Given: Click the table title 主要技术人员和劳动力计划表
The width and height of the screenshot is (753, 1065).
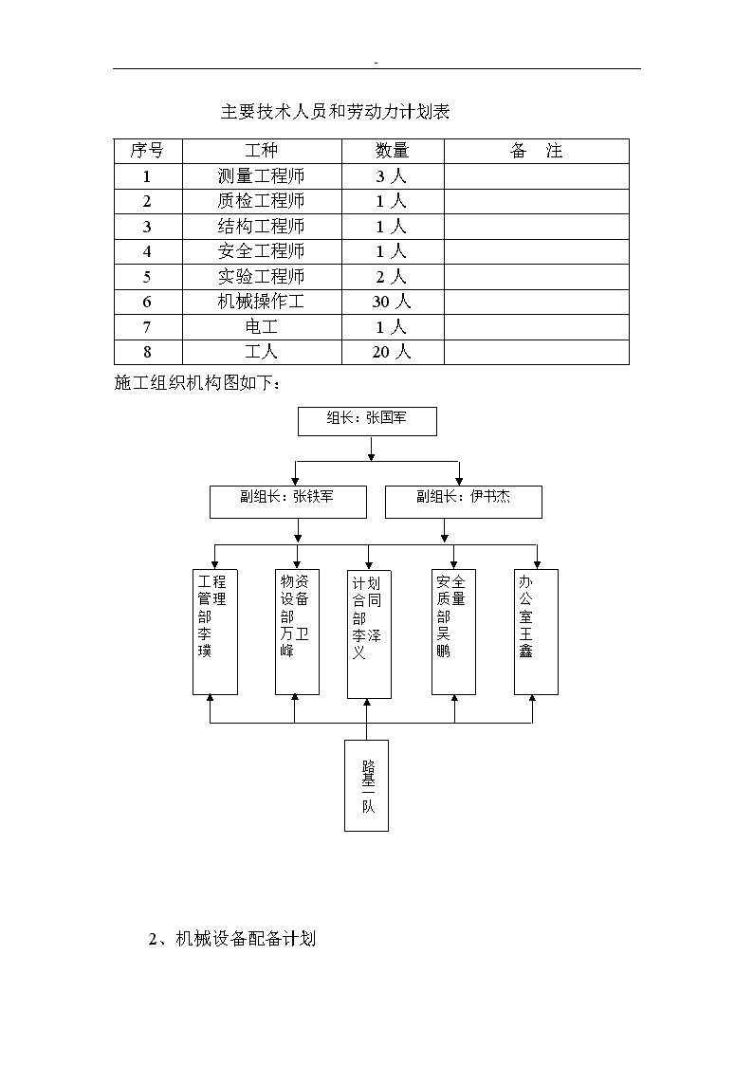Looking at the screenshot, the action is [x=335, y=111].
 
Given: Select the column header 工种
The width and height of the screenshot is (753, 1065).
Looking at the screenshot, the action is [x=262, y=151].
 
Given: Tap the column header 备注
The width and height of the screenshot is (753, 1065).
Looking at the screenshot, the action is [x=537, y=151].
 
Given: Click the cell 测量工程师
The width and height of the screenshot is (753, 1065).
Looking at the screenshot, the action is [x=262, y=176].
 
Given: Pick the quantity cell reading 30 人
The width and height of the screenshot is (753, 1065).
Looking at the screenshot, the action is [x=392, y=302].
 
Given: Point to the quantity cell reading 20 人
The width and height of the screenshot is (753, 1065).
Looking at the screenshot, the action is [x=392, y=352].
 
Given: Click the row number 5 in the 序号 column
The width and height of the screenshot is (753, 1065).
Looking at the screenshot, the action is [x=147, y=276].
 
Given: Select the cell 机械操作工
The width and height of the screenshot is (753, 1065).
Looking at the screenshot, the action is [x=262, y=302].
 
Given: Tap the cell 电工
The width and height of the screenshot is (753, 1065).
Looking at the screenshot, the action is [x=262, y=326].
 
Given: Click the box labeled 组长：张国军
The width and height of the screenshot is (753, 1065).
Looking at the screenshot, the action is [x=367, y=421].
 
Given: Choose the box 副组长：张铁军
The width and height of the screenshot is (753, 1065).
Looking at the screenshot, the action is [x=288, y=502].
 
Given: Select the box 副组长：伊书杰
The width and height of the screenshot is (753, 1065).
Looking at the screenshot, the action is [x=464, y=502].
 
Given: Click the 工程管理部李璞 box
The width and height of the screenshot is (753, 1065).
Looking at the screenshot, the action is [x=215, y=632].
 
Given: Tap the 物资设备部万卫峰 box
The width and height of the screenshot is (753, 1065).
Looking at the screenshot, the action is [x=298, y=632].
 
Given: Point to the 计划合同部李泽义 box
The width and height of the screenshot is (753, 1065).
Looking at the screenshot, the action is [x=369, y=634].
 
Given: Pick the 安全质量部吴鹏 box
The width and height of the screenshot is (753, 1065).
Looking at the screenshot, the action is [x=453, y=632].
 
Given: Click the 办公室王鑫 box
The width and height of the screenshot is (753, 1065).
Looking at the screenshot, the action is [x=537, y=632].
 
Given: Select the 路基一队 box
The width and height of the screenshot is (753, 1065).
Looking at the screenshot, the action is [x=367, y=786].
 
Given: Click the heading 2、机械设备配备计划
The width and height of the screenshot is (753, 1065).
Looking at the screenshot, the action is [x=232, y=940].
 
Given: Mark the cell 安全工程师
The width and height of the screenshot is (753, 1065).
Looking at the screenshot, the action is [x=262, y=251].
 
